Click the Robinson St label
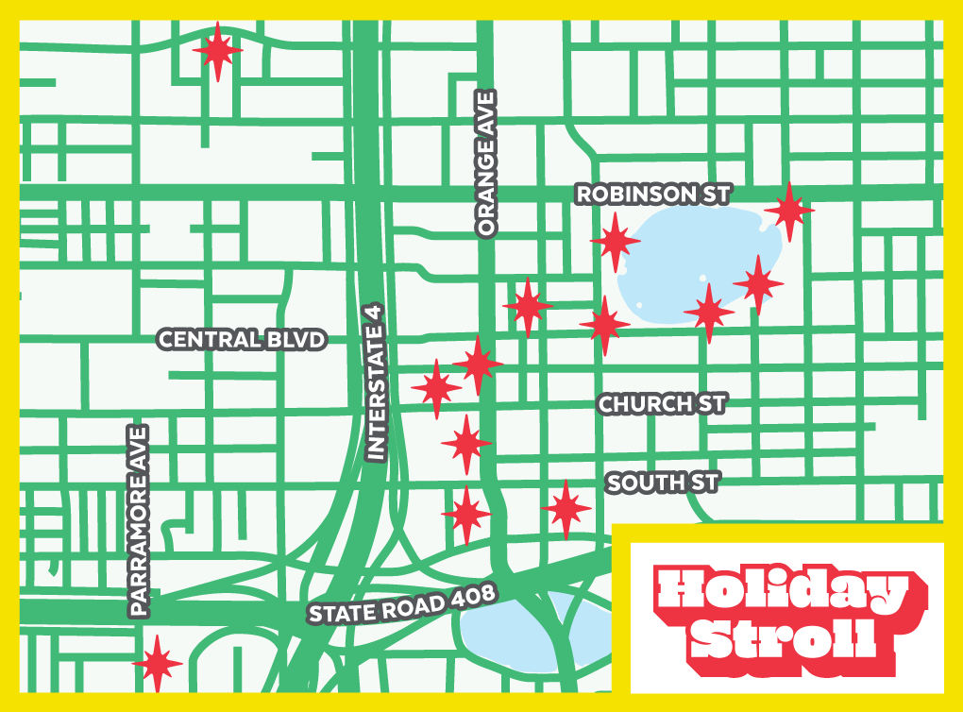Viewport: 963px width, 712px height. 653,195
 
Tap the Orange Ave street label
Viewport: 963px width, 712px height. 486,164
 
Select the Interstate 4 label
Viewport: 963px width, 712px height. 376,382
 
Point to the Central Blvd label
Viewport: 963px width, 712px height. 242,340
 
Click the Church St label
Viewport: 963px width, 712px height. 662,404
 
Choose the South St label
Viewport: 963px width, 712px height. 663,483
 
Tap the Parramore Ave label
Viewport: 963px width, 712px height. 140,521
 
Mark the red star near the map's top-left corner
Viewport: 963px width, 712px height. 217,51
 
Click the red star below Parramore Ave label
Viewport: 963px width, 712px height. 157,664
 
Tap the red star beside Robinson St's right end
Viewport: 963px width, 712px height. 788,211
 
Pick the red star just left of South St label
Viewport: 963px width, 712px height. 566,508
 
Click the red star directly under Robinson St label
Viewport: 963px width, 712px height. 615,241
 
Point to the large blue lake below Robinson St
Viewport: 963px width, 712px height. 699,255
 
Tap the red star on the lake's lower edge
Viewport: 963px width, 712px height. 708,312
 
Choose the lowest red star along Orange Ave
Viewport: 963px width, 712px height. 466,515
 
